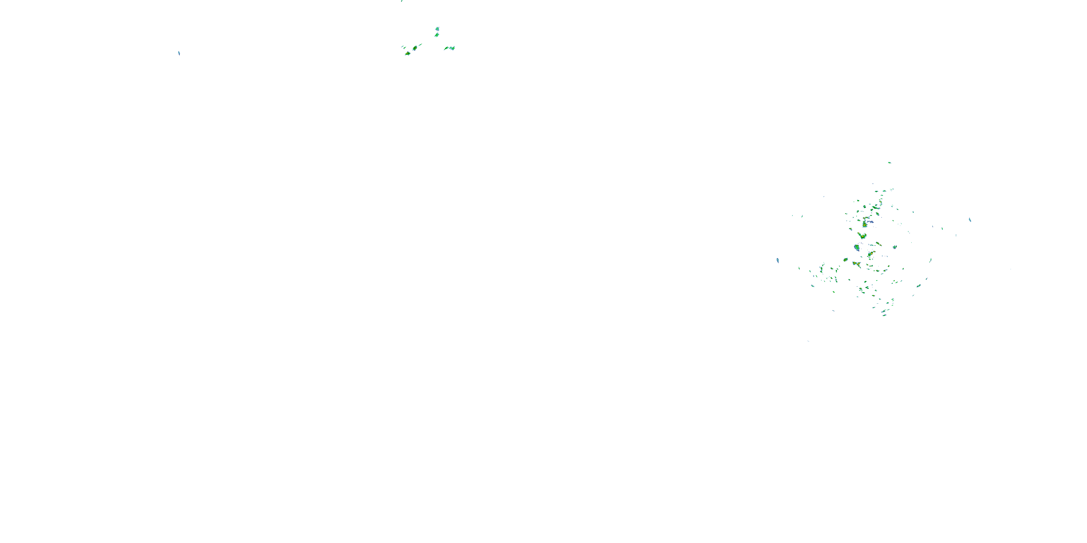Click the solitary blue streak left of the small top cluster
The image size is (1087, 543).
coord(179,53)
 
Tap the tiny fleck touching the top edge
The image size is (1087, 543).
coord(402,1)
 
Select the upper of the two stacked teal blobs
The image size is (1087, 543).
coord(437,29)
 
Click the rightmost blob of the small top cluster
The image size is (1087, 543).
coord(452,48)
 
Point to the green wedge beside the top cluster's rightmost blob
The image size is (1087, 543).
coord(446,49)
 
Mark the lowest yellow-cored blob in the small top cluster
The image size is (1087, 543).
coord(408,54)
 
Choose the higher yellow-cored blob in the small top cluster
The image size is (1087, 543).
coord(415,48)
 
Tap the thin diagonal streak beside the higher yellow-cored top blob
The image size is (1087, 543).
coord(420,44)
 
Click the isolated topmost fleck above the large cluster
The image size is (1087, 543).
coord(889,162)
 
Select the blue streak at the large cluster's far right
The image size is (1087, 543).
coord(970,220)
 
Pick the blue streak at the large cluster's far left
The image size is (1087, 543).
coord(777,261)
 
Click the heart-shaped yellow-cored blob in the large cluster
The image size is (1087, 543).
coord(862,235)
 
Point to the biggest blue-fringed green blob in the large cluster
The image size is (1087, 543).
coord(857,248)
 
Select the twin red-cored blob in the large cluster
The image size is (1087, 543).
coord(856,264)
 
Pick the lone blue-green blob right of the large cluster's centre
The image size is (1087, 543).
coord(895,247)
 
